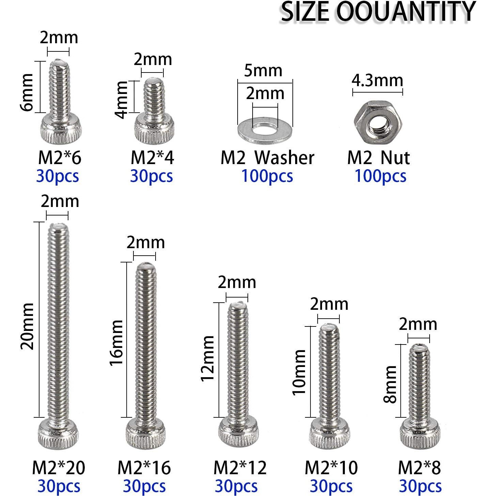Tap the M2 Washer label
268,158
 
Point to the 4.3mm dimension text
377,81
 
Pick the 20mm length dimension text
27,326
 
